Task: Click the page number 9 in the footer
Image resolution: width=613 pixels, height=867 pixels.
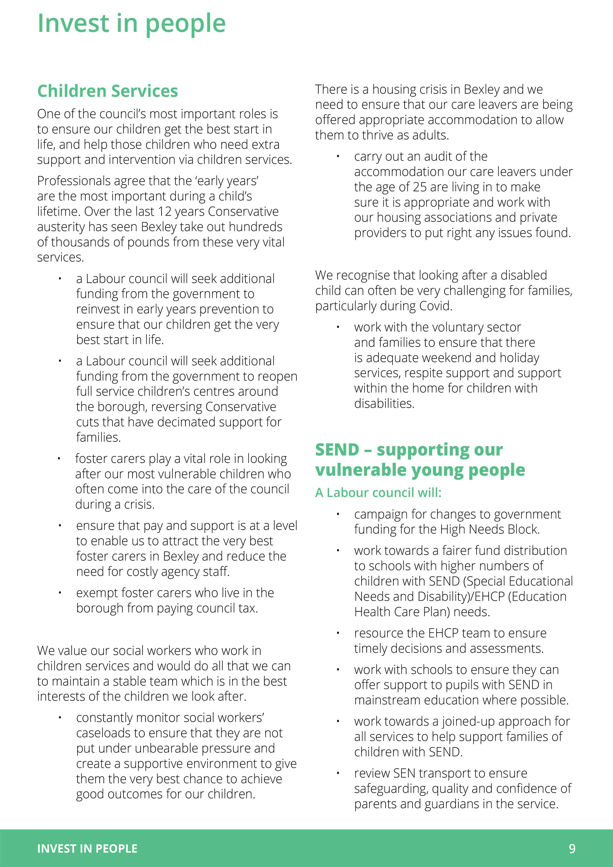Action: (x=572, y=849)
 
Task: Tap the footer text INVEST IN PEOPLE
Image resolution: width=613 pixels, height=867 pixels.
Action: (x=87, y=849)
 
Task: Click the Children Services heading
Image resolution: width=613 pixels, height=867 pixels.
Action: (x=108, y=91)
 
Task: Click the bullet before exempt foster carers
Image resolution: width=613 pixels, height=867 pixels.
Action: (x=60, y=593)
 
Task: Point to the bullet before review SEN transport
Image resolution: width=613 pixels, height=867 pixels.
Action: (x=338, y=773)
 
